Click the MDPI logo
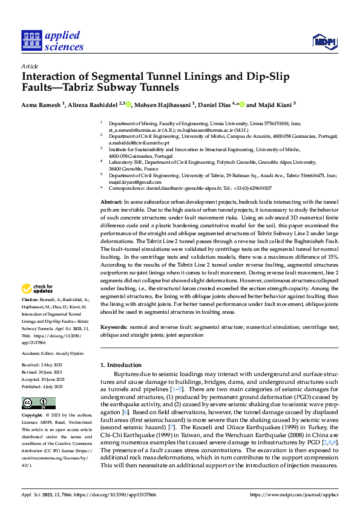click(324, 41)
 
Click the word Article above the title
click(30, 66)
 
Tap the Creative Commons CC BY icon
click(39, 403)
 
